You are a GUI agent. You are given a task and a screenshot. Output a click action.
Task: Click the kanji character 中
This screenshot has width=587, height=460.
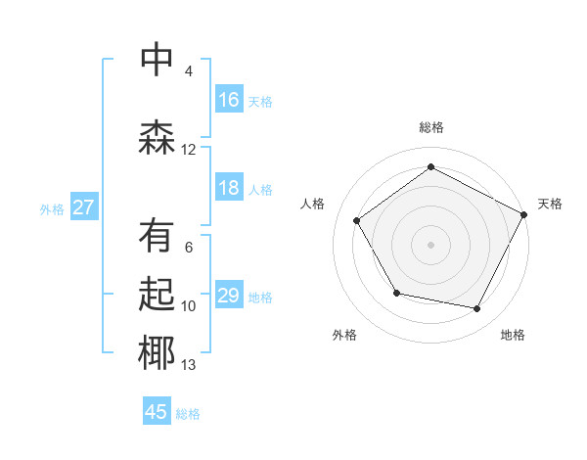click(157, 60)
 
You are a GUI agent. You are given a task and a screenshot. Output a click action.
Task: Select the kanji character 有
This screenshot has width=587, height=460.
click(157, 236)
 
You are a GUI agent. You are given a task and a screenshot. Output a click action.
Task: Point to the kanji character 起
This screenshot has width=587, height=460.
click(157, 295)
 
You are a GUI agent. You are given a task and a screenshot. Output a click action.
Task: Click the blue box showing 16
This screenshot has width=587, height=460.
click(229, 100)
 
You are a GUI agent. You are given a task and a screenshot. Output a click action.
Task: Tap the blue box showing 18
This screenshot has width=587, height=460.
click(229, 189)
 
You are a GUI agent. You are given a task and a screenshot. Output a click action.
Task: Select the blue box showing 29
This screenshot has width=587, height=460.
click(229, 296)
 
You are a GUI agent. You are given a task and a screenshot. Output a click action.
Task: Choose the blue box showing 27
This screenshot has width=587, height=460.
click(83, 207)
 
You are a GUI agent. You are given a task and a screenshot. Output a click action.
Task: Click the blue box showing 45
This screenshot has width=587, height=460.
click(157, 412)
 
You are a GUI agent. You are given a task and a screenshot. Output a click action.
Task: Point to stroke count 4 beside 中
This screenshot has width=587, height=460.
click(189, 71)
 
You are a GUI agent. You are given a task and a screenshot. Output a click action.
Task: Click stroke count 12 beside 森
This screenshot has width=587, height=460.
click(189, 150)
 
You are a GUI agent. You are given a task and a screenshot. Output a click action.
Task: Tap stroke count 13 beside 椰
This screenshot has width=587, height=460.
click(189, 366)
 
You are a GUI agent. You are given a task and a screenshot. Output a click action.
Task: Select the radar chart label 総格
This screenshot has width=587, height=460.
click(430, 127)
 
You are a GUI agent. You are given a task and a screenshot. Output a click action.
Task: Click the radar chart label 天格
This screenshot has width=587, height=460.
click(550, 204)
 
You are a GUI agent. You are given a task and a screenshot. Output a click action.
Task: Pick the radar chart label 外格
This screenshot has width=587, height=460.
click(344, 335)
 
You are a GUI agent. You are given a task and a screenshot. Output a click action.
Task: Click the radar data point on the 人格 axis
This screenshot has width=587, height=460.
click(357, 220)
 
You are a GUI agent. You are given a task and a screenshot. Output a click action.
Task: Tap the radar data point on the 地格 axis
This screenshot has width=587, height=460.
click(477, 309)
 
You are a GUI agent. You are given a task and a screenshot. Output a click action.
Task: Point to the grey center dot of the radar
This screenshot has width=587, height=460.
click(430, 244)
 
